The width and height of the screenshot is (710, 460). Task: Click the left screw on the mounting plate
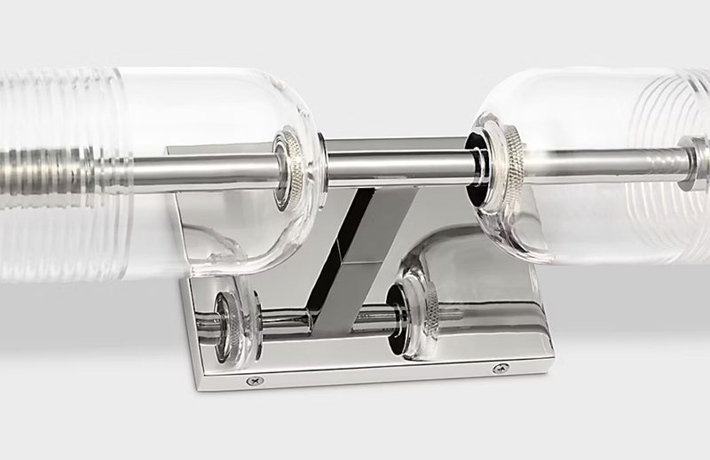[x=255, y=381]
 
